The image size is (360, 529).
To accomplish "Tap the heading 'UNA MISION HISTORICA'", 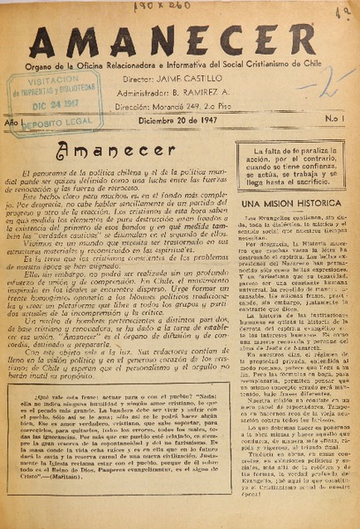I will tap(283, 204).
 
